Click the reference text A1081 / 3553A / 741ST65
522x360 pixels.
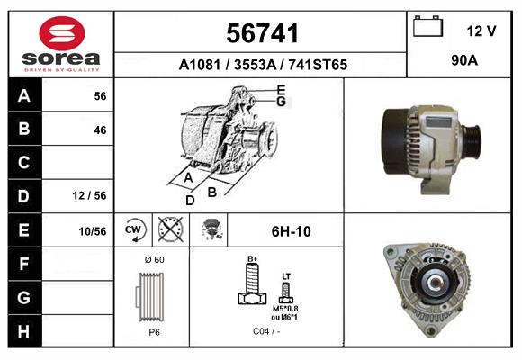click(263, 65)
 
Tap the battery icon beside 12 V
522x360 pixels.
click(428, 28)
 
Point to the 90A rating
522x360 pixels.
click(464, 61)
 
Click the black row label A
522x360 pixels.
click(23, 96)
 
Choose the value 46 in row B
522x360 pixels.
click(99, 130)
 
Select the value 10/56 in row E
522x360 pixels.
click(92, 231)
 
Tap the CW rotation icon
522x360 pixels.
click(134, 230)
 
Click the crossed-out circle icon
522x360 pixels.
click(170, 230)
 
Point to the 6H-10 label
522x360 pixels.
click(291, 231)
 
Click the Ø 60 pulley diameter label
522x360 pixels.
click(153, 260)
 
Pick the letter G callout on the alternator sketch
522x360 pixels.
click(281, 102)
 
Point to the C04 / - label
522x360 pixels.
click(265, 331)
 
